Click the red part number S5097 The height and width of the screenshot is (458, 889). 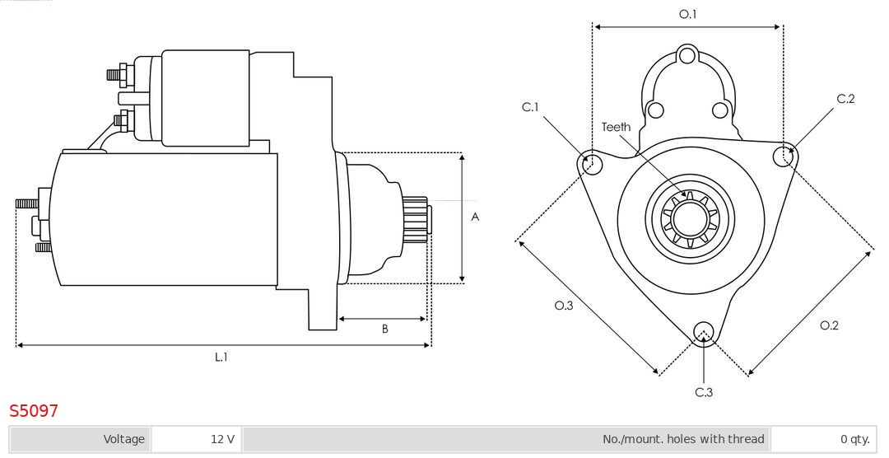34,410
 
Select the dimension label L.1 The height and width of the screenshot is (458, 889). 221,357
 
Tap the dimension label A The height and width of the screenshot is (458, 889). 475,217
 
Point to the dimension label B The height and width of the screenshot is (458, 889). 384,329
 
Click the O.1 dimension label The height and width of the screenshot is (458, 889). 687,14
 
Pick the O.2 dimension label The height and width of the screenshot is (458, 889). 829,325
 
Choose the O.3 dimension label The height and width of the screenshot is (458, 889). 563,306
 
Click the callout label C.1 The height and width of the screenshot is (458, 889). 530,107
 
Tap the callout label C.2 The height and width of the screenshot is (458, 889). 845,99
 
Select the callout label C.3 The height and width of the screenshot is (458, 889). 704,392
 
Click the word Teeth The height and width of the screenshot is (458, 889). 616,127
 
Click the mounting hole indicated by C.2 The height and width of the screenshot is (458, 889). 784,155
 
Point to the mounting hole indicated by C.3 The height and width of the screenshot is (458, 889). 703,332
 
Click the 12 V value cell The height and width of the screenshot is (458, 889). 222,439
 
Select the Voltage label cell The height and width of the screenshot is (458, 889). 123,439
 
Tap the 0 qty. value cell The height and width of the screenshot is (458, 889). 854,439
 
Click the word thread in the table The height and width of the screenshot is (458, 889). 745,439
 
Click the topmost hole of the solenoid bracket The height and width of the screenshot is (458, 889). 688,57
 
